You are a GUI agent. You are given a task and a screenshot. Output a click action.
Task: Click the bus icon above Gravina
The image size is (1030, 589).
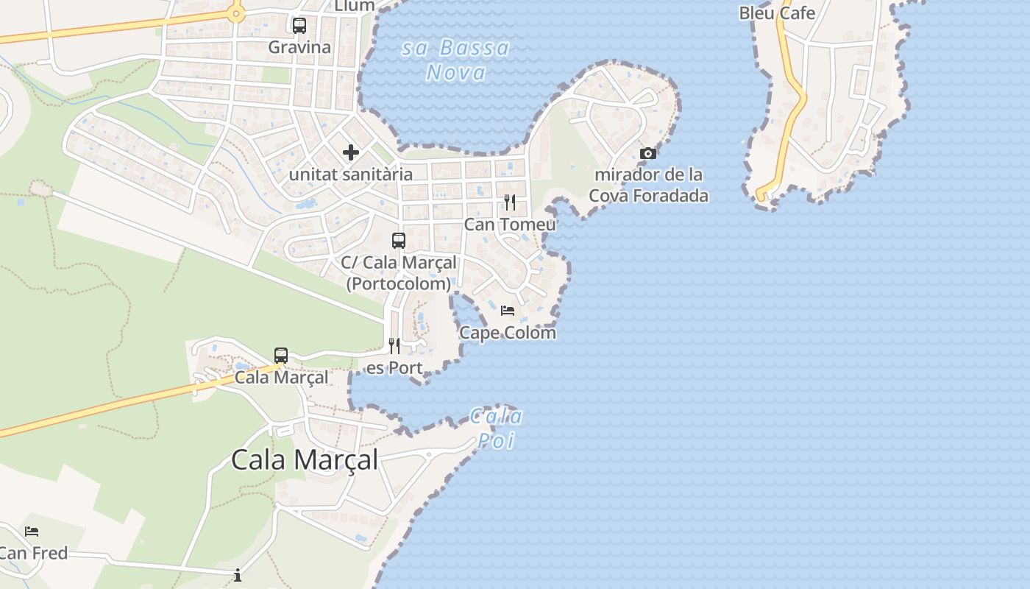(x=299, y=26)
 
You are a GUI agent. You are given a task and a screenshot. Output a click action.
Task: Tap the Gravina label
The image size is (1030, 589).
(x=299, y=47)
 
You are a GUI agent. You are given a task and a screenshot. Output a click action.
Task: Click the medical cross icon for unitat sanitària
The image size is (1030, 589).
(x=351, y=152)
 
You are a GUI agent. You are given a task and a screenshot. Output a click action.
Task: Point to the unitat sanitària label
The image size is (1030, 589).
(x=351, y=174)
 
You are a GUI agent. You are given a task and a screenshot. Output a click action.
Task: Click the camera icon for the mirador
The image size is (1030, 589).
(x=648, y=153)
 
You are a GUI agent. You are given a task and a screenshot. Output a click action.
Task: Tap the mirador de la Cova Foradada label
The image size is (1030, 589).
(x=648, y=185)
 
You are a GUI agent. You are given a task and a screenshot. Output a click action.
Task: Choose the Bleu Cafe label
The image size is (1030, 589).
(x=777, y=13)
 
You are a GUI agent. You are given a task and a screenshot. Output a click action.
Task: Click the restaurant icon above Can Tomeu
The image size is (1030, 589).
(x=510, y=202)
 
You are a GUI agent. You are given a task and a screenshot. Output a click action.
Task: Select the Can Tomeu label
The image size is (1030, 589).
(x=510, y=224)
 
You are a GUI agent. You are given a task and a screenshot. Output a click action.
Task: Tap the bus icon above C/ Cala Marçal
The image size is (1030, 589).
(x=399, y=241)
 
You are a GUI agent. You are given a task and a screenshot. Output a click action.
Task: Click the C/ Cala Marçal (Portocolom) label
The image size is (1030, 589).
(x=399, y=272)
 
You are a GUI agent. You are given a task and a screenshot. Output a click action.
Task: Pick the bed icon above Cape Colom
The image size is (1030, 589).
(x=508, y=311)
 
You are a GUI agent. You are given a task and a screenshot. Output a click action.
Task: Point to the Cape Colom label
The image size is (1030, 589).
(x=508, y=333)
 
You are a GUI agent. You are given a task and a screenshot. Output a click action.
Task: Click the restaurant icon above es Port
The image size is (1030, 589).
(x=394, y=345)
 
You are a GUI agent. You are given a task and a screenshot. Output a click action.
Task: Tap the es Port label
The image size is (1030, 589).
(x=394, y=367)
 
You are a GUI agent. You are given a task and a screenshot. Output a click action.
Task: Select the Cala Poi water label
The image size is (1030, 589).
(x=496, y=428)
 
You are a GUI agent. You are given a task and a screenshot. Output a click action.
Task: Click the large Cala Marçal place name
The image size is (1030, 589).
(x=305, y=459)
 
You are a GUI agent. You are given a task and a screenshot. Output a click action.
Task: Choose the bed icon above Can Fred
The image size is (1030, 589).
(x=32, y=532)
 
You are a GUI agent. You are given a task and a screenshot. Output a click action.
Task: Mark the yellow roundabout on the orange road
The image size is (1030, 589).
(x=235, y=13)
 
